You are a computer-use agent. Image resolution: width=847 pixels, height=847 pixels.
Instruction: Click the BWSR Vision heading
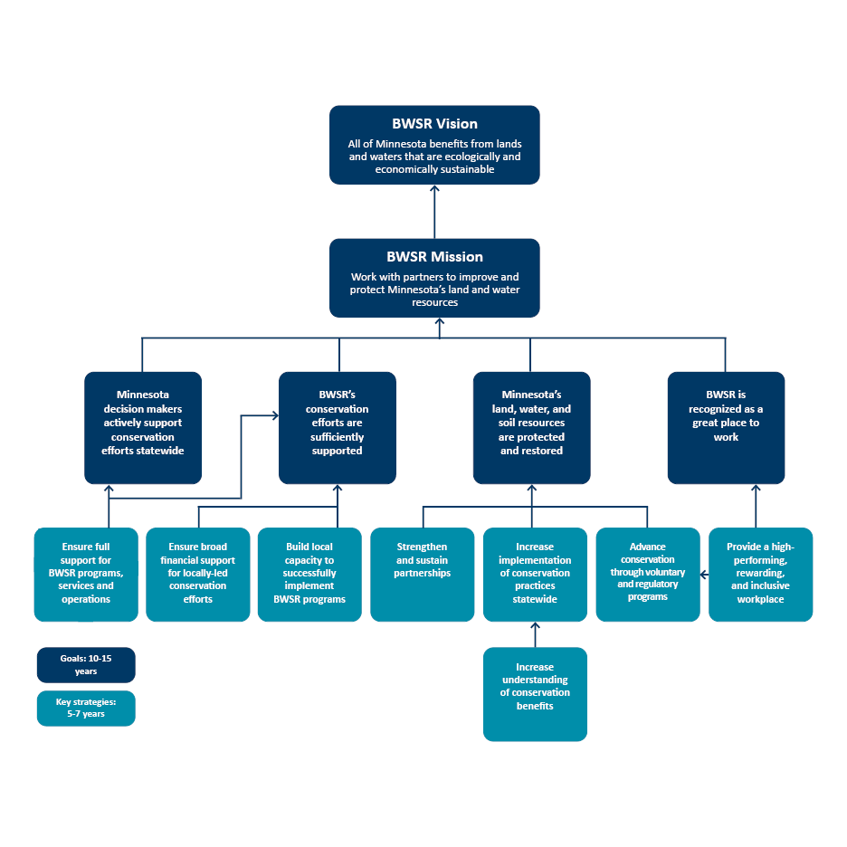coord(434,124)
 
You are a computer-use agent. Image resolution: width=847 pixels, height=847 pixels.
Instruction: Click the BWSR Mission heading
coord(434,257)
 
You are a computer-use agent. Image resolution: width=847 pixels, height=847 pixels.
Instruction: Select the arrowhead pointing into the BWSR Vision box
coord(434,190)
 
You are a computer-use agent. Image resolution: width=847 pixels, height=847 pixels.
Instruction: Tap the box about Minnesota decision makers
coord(143,427)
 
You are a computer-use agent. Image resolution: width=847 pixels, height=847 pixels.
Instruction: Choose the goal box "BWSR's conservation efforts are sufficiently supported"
coord(338,427)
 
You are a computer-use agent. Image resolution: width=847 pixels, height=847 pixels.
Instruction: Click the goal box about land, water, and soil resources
coord(531,427)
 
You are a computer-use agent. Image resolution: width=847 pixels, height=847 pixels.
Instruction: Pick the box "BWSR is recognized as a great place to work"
coord(726,427)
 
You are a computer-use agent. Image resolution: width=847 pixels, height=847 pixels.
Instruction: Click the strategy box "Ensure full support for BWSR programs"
coord(86,574)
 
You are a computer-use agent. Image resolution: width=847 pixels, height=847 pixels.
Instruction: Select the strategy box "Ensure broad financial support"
coord(198,574)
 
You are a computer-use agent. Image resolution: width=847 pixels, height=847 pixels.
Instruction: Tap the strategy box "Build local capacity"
coord(309,574)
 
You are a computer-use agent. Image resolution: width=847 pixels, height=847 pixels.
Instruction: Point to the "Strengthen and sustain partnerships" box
coord(422,574)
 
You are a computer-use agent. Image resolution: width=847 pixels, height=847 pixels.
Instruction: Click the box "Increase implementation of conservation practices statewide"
coord(535,574)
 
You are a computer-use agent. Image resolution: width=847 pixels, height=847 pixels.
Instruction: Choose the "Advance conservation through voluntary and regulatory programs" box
coord(647,574)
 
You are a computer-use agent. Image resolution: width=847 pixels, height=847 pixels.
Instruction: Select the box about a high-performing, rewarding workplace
coord(760,574)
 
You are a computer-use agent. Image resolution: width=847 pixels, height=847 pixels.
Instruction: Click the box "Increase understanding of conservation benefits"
coord(535,693)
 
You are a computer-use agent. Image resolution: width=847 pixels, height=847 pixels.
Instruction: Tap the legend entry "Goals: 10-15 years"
coord(86,665)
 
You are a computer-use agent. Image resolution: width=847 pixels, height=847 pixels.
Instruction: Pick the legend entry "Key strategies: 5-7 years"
coord(86,708)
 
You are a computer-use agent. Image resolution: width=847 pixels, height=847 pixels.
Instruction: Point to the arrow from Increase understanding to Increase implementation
coord(535,635)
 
